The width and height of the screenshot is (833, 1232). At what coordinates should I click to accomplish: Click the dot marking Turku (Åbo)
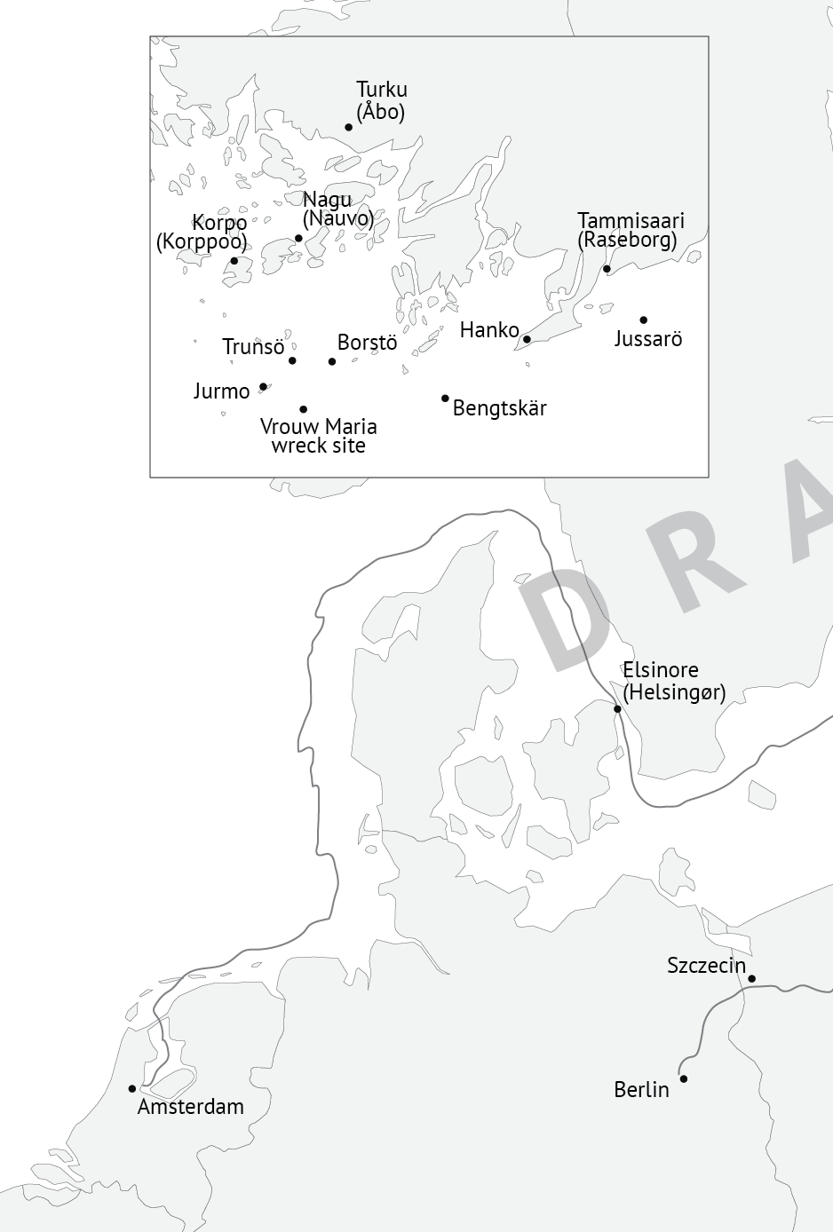348,127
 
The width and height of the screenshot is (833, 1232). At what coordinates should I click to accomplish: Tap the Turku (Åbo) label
382,100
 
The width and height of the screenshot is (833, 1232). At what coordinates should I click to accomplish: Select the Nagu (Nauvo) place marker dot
298,238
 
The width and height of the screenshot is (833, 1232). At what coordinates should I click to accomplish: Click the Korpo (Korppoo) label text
202,233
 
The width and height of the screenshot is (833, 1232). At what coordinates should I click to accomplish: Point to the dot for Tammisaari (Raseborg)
607,269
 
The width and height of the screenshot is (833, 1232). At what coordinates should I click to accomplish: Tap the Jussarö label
648,339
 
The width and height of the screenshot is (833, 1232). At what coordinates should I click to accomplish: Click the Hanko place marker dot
527,339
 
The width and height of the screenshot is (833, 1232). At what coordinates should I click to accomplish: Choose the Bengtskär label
500,408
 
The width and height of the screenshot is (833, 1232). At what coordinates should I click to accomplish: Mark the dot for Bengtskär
445,399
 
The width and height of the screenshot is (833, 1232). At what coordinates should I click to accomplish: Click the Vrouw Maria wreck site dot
303,409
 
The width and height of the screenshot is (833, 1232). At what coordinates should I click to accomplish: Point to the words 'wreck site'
318,446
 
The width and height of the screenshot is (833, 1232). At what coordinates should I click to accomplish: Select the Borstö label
367,343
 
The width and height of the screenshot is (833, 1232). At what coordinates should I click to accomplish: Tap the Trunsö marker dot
292,360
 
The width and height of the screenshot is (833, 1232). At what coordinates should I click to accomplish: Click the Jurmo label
222,391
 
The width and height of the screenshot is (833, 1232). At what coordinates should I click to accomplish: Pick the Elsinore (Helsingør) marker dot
617,708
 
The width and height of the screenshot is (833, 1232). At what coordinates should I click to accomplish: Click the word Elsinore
661,670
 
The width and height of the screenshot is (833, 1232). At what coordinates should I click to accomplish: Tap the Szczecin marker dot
751,979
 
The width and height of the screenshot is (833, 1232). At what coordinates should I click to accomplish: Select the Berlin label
641,1090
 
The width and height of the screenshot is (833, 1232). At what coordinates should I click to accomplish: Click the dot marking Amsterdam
132,1088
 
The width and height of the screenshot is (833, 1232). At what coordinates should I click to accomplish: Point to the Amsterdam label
190,1107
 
